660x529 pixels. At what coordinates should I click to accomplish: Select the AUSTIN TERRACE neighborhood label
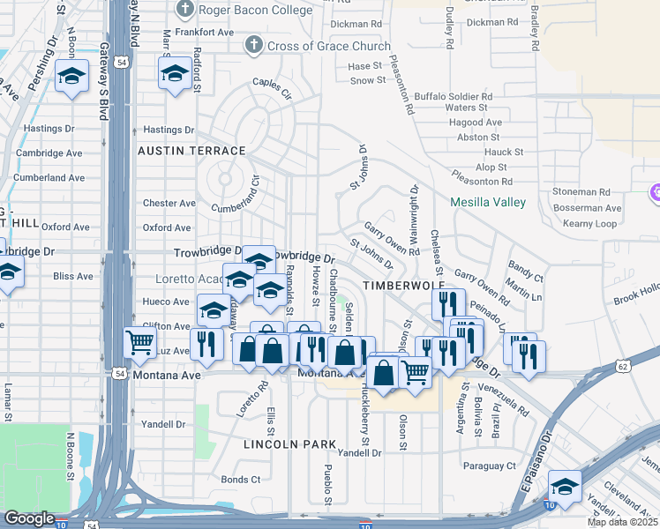191,151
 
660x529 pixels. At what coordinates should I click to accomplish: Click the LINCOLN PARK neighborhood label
283,443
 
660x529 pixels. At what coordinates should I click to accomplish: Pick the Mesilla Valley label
488,202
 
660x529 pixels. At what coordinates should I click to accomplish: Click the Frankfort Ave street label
205,32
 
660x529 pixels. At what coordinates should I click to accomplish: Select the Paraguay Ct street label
486,465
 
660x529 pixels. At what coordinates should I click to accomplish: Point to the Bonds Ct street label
241,480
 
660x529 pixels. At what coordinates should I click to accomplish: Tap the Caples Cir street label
272,86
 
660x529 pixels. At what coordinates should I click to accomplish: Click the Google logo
29,518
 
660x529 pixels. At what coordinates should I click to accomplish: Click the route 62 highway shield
624,365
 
